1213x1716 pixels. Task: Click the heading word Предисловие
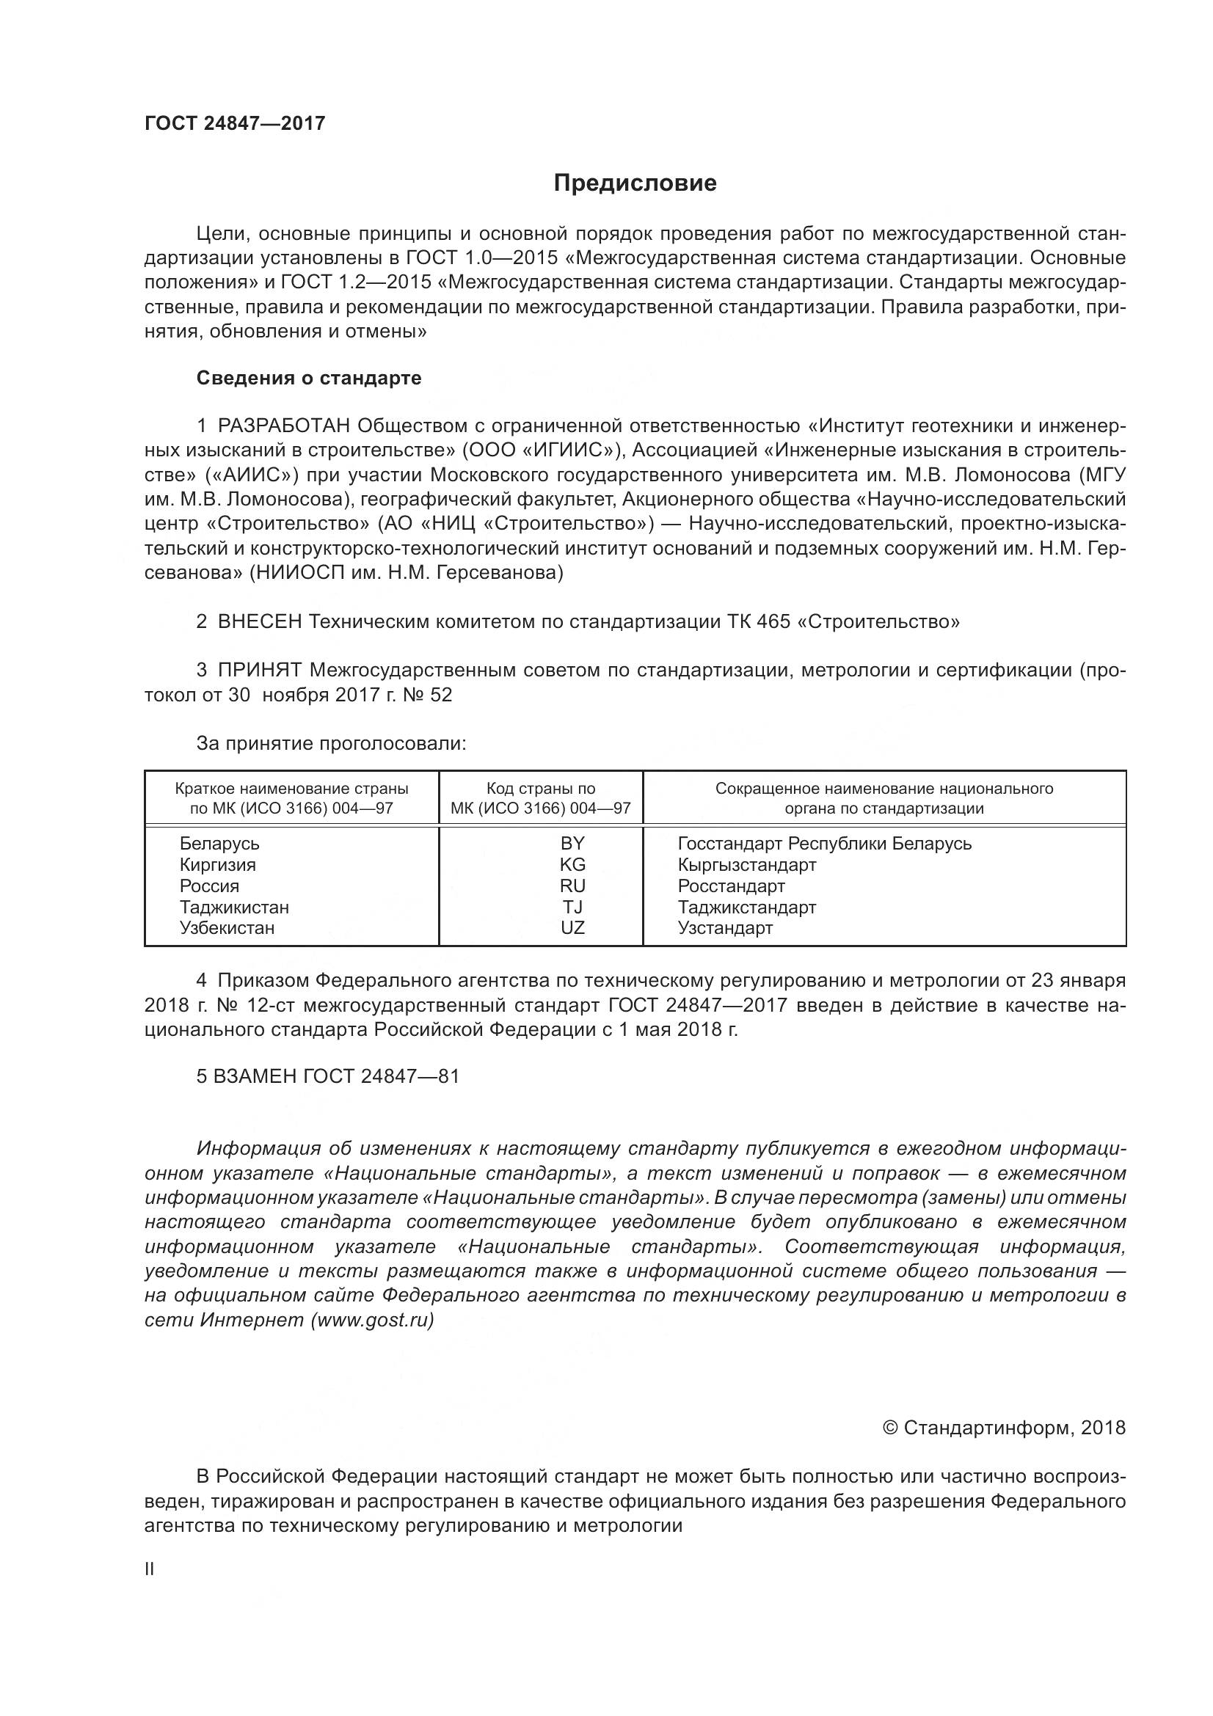click(x=635, y=183)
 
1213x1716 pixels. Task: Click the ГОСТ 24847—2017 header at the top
click(x=235, y=123)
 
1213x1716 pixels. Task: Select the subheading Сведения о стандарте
click(x=309, y=378)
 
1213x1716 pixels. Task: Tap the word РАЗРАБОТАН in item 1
click(x=283, y=426)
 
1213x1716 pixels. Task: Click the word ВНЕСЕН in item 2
click(x=259, y=622)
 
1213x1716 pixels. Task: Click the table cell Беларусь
click(x=219, y=844)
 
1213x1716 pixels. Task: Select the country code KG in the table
click(x=572, y=865)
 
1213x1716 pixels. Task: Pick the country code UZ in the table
click(x=572, y=928)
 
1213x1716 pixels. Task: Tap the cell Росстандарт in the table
click(x=731, y=886)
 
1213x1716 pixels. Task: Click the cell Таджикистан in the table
click(x=234, y=908)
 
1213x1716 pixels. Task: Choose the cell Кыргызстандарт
click(x=746, y=865)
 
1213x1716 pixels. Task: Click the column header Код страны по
click(x=540, y=789)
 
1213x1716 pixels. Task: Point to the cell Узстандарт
click(x=725, y=928)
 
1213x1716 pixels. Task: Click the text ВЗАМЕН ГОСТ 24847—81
click(x=327, y=1076)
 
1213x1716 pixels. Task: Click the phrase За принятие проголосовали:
click(x=331, y=744)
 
